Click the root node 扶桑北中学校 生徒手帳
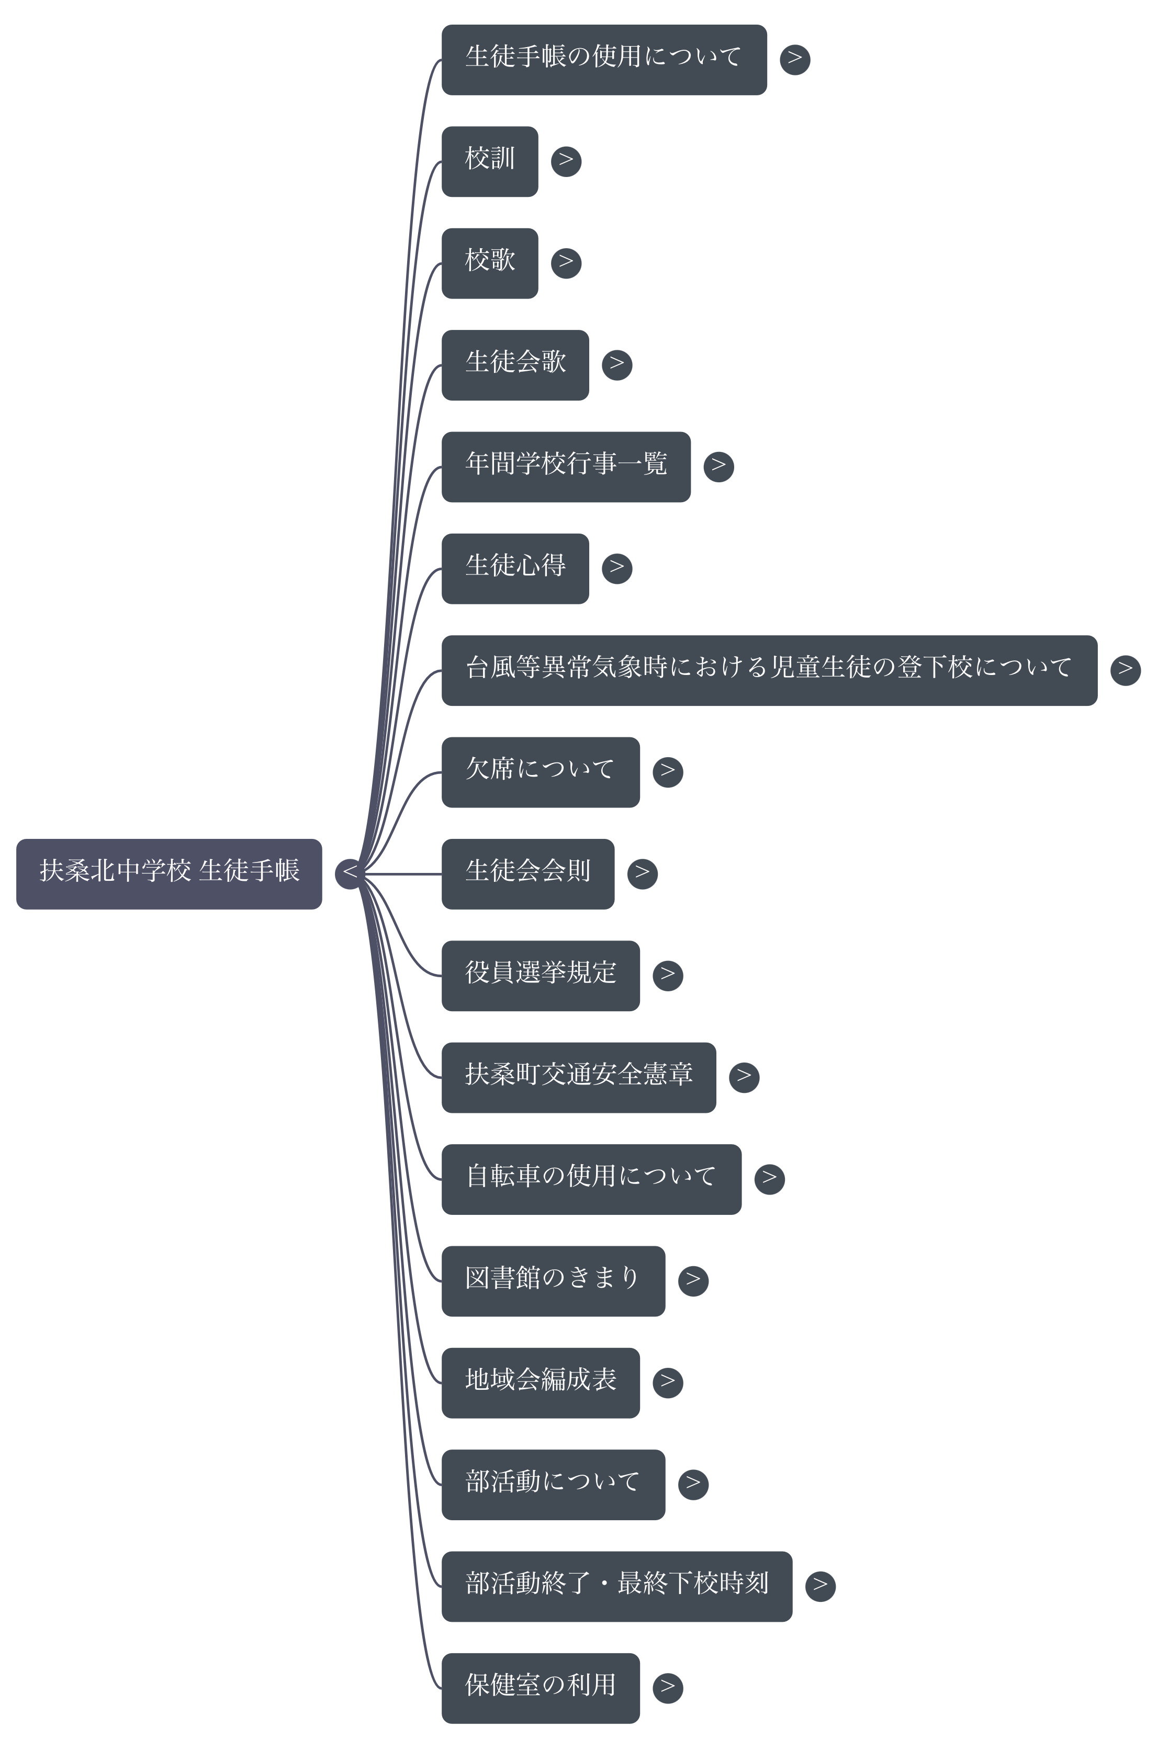point(169,873)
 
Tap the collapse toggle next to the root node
point(350,873)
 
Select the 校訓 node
point(489,161)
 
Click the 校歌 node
point(489,263)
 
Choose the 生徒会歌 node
point(515,364)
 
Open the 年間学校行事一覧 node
point(566,467)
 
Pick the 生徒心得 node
point(515,568)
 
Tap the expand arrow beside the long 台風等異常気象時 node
point(1125,670)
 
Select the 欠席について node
point(540,771)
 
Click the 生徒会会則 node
point(527,873)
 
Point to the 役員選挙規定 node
point(540,975)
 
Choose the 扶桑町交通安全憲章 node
point(579,1077)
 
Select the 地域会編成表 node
point(540,1382)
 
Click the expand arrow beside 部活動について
point(693,1484)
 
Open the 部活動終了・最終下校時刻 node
point(617,1586)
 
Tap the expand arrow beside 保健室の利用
point(668,1687)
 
